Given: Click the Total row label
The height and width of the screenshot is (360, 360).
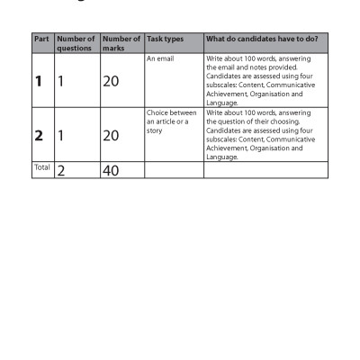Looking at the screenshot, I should point(41,167).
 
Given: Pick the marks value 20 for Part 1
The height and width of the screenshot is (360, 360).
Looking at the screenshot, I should point(111,81).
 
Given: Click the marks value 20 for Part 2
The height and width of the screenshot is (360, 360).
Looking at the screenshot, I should point(111,136).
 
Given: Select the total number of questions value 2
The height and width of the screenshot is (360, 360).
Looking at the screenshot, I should point(62,170).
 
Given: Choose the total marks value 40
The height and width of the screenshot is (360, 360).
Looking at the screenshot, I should point(111,170).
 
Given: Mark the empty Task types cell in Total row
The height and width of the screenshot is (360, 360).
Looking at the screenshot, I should point(173,170).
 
